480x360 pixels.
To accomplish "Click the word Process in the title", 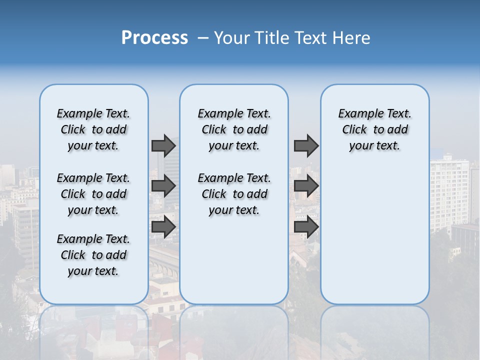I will click(x=154, y=37).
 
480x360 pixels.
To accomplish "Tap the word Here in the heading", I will click(x=352, y=37).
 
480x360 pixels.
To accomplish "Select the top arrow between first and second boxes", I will click(x=163, y=145).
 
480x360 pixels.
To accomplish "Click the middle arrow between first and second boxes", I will click(x=163, y=186).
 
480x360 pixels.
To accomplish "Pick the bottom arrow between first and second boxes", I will click(x=163, y=227).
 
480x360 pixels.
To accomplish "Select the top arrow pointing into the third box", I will click(x=306, y=145).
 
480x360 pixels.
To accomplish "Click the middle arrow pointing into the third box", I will click(x=306, y=186).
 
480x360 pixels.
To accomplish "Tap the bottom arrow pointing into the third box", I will click(x=306, y=227).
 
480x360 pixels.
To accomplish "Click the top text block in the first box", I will click(x=93, y=129).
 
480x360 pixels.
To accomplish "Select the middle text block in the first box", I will click(x=93, y=194).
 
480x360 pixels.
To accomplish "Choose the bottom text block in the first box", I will click(x=93, y=255).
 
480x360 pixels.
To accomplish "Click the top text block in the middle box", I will click(x=234, y=129).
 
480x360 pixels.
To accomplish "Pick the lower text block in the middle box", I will click(x=234, y=194).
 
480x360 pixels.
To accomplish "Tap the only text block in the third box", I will click(x=374, y=129).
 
